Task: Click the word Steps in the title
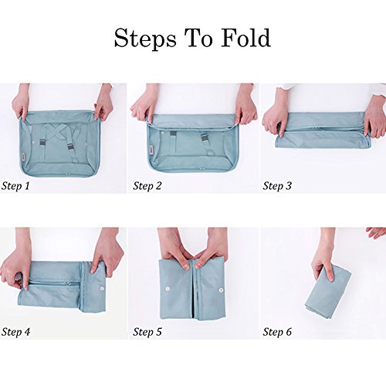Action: pyautogui.click(x=145, y=39)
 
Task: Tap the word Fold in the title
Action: pyautogui.click(x=245, y=38)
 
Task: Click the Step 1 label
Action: pyautogui.click(x=15, y=186)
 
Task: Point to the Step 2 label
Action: pyautogui.click(x=147, y=186)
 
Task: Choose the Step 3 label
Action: pyautogui.click(x=277, y=186)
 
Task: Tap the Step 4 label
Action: pyautogui.click(x=15, y=332)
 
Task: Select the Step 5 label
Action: pyautogui.click(x=147, y=332)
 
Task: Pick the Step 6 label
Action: pyautogui.click(x=277, y=332)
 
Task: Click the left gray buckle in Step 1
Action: pyautogui.click(x=42, y=143)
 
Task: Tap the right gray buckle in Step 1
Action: pyautogui.click(x=70, y=147)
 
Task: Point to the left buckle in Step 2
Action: pyautogui.click(x=173, y=134)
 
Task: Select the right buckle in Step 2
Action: pyautogui.click(x=205, y=137)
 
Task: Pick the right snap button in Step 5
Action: pyautogui.click(x=221, y=290)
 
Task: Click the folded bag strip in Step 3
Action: pyautogui.click(x=323, y=130)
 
